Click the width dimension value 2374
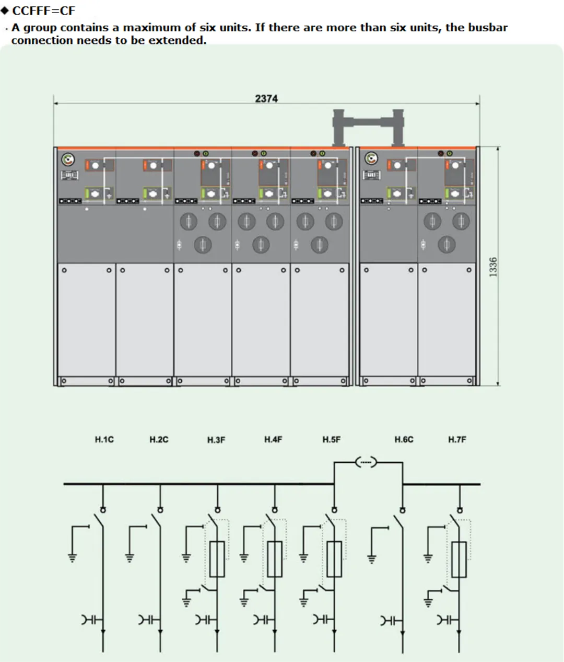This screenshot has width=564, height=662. coord(266,98)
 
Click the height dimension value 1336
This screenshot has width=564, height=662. coord(493,267)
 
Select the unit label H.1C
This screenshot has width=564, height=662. coord(104,439)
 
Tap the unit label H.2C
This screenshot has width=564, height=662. coord(159,439)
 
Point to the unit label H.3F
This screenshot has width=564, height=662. coord(216,440)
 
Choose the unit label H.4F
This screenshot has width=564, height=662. coord(273,439)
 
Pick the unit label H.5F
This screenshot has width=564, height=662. coord(331,439)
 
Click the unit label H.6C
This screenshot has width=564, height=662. coord(404,439)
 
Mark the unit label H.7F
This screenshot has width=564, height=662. coord(457,439)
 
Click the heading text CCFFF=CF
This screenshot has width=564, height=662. coord(44,10)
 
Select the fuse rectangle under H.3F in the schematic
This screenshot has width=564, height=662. coord(217,559)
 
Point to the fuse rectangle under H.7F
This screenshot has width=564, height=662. coord(459,559)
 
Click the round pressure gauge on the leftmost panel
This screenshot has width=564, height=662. coord(68,159)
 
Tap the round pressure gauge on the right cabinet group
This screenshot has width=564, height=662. coord(371,158)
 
